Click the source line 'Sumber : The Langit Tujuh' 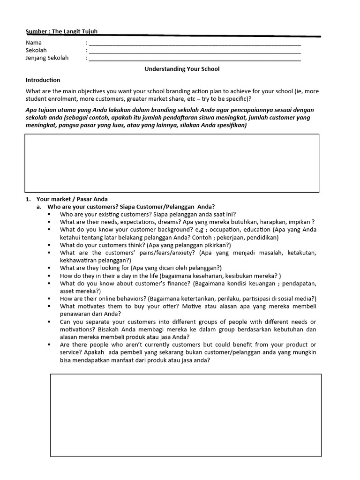[x=61, y=32]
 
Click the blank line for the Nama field [x=195, y=43]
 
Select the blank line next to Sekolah [x=195, y=51]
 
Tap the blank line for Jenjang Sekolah [x=195, y=59]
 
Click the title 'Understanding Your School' [x=182, y=69]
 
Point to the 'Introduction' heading [x=43, y=80]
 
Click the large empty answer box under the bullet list [x=186, y=414]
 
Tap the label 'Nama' [x=34, y=43]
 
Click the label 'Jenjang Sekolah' [x=47, y=58]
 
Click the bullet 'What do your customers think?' [x=145, y=245]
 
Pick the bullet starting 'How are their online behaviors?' [x=187, y=299]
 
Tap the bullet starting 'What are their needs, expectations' [x=187, y=222]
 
